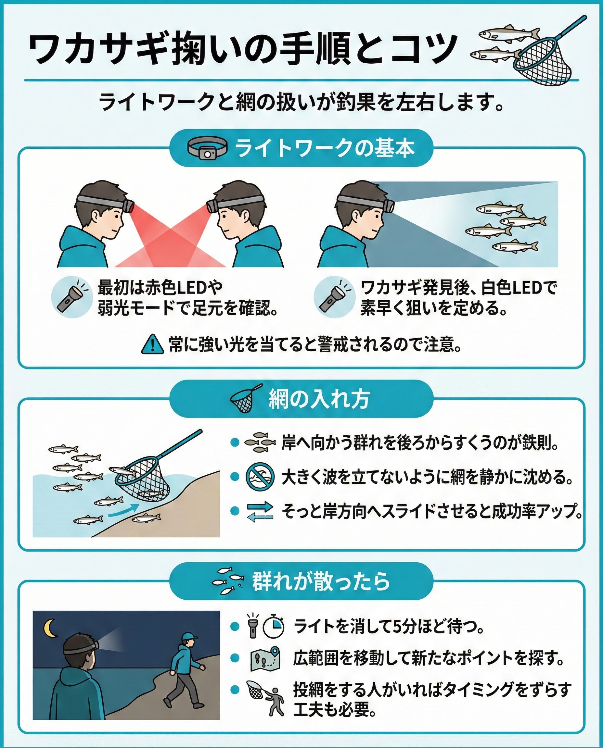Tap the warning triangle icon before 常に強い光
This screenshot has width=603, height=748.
point(152,344)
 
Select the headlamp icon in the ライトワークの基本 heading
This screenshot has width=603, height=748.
point(207,148)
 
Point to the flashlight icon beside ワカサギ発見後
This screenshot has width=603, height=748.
point(334,297)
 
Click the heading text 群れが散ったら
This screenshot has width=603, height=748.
point(321,581)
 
